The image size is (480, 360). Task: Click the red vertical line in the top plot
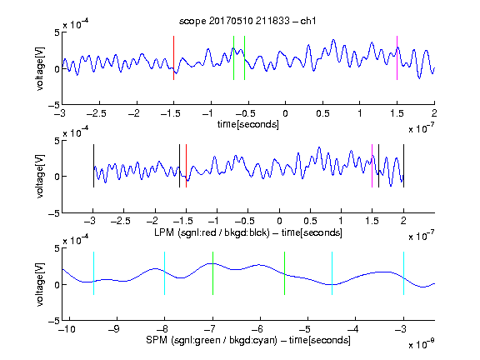point(173,57)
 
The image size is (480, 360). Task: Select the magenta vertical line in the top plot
point(397,57)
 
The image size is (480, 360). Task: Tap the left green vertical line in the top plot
point(233,57)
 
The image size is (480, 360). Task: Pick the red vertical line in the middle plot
point(186,166)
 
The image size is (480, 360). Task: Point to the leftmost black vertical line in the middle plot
point(93,166)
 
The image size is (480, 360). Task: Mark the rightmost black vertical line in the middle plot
point(404,166)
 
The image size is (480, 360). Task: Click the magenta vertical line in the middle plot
point(372,166)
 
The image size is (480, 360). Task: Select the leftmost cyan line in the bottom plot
point(93,273)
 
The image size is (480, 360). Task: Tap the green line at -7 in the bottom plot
point(212,273)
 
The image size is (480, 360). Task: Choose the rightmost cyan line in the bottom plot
point(404,273)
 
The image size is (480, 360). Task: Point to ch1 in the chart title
point(308,21)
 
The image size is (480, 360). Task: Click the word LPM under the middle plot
point(164,232)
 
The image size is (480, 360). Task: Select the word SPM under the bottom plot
point(157,340)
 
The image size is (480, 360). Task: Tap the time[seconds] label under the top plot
point(248,124)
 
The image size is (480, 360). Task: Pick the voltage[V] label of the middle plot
point(40,177)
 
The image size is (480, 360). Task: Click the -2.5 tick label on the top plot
point(96,113)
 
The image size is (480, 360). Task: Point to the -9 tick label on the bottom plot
point(114,329)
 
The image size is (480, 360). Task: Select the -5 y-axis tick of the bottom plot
point(54,321)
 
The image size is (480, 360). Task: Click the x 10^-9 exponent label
point(422,344)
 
